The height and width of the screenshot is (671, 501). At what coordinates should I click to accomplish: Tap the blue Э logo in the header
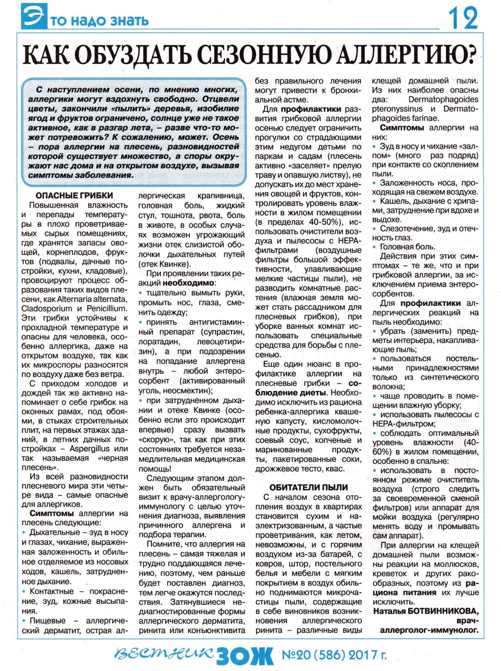(34, 16)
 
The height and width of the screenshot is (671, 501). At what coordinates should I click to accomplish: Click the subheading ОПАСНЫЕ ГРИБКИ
(74, 196)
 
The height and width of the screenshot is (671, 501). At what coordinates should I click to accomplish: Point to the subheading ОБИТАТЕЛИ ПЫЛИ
(308, 487)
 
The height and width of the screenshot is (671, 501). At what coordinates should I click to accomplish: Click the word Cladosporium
(47, 308)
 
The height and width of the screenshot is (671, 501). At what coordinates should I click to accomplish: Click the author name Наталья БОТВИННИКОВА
(426, 611)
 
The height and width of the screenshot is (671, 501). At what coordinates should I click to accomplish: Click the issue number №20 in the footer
(297, 655)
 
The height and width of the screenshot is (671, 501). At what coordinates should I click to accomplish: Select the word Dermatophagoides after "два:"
(443, 99)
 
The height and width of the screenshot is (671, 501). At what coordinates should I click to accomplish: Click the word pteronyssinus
(397, 109)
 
